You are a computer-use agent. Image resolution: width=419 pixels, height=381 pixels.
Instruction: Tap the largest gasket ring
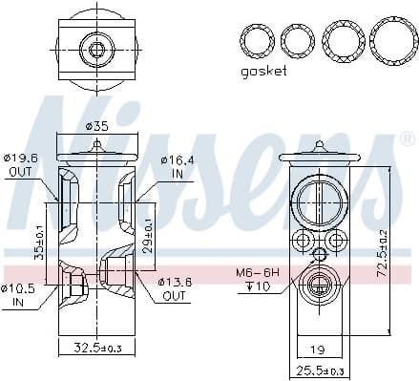point(390,40)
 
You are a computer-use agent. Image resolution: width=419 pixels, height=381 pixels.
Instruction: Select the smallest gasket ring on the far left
point(256,40)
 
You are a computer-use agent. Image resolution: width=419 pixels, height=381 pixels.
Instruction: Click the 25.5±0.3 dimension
point(320,370)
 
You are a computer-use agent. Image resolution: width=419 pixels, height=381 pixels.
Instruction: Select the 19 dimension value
point(320,349)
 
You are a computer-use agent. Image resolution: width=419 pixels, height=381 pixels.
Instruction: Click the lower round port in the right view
point(320,286)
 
